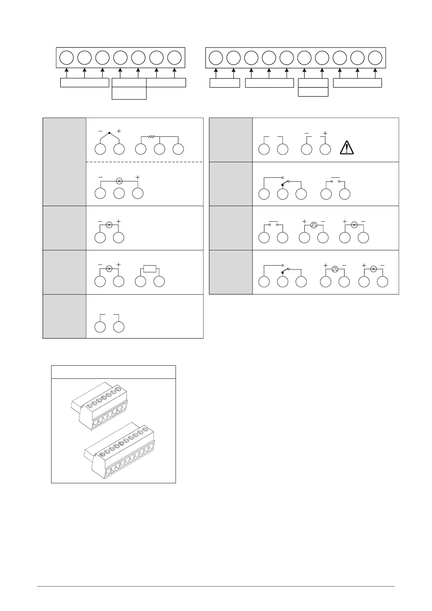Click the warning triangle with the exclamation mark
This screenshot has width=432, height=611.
347,147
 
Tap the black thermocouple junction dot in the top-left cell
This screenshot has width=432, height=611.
109,133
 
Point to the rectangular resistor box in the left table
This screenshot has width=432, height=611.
149,269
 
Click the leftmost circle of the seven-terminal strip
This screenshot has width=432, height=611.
66,58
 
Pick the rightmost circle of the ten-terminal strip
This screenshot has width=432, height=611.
375,58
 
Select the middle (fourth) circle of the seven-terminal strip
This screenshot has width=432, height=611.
120,58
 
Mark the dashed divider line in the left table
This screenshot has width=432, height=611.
144,162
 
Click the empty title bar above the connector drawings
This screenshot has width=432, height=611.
113,372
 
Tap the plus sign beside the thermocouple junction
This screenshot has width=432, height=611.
119,131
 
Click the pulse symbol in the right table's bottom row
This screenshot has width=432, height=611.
335,269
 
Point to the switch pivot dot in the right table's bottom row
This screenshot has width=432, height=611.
282,272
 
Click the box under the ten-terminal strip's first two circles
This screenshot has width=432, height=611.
225,83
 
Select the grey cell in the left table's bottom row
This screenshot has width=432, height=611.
64,316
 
